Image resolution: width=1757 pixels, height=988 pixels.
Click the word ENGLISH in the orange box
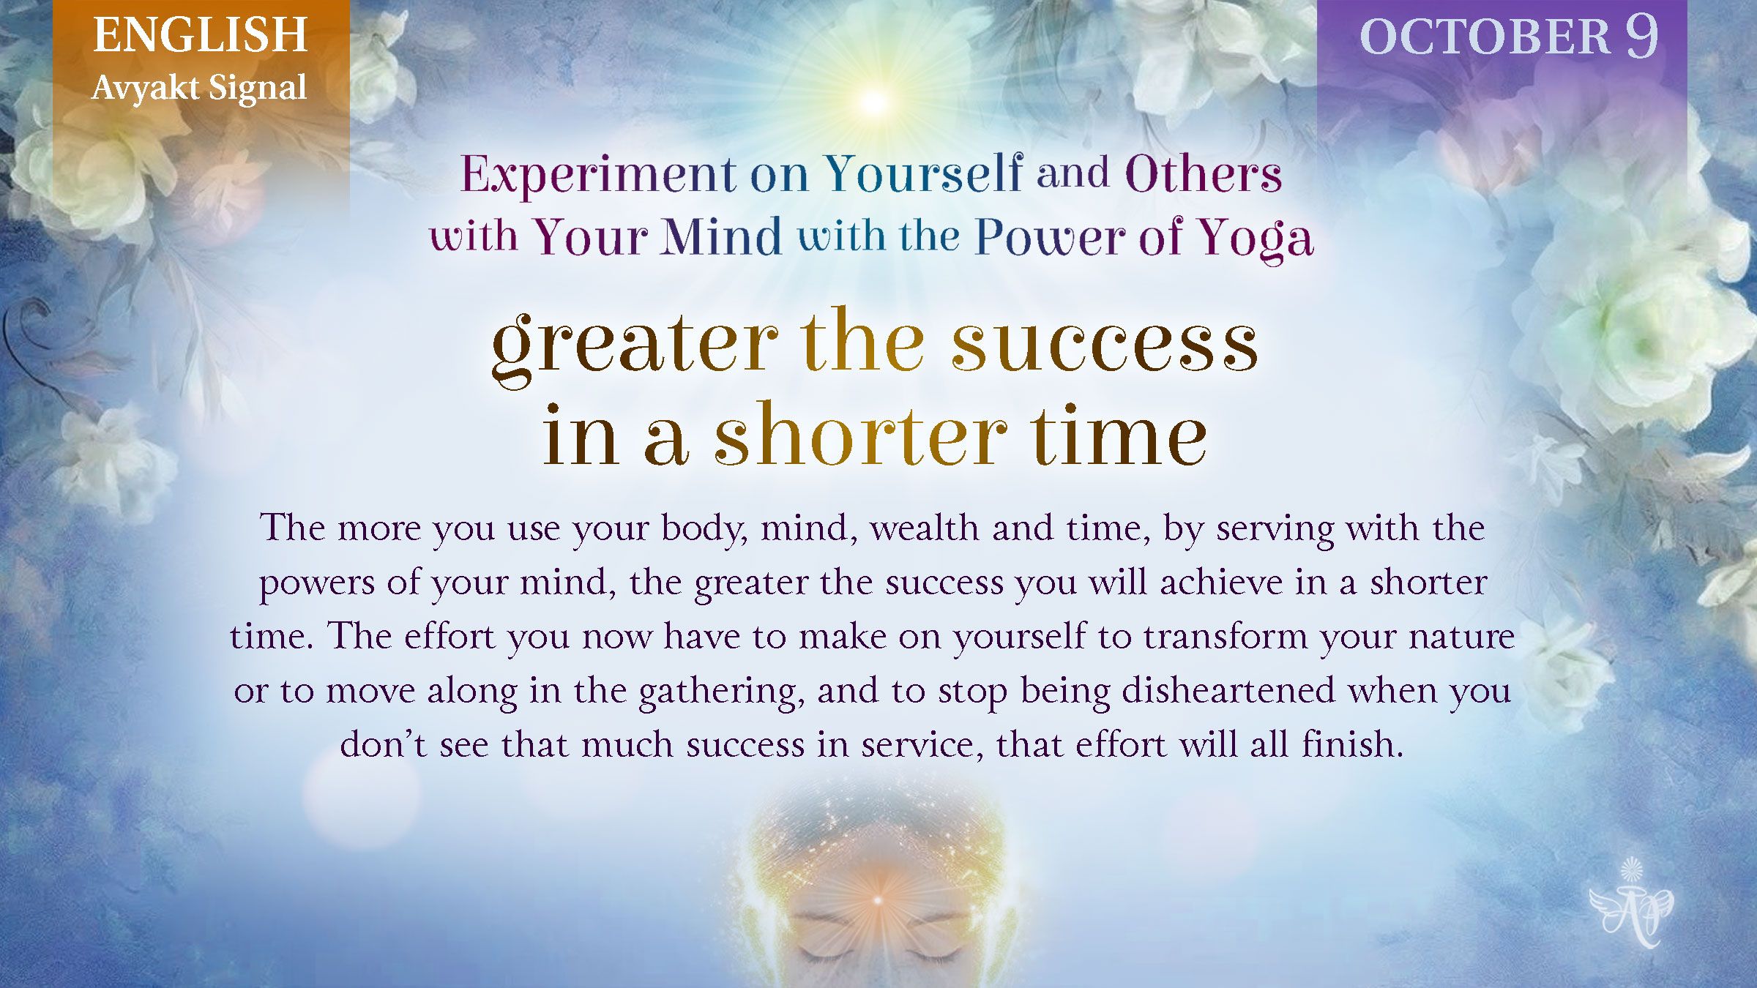[200, 35]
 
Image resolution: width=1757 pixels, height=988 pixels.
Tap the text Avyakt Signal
[199, 89]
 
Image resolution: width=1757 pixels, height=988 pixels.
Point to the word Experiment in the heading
[598, 176]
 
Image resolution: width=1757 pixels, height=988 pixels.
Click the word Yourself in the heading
[923, 173]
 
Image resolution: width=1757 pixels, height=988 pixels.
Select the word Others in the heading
[1204, 174]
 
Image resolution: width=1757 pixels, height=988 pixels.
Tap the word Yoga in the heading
[1256, 239]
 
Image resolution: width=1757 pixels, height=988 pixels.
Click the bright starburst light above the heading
[873, 101]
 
